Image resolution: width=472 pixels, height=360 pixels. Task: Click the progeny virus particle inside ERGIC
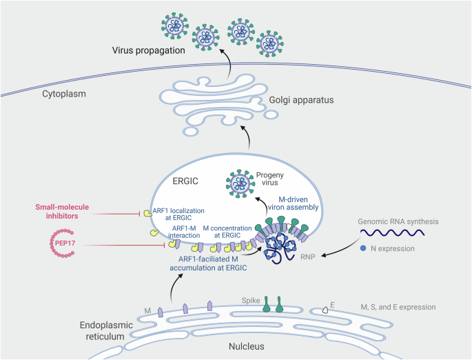pyautogui.click(x=240, y=184)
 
